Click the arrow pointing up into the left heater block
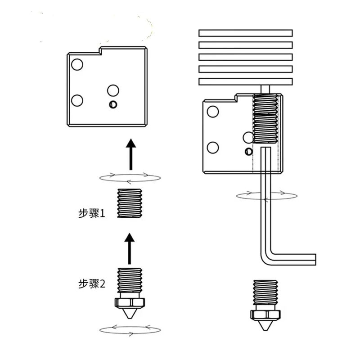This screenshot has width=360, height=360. point(130,154)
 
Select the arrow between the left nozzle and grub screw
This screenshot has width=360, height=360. point(130,248)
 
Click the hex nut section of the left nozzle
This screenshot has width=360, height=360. point(130,301)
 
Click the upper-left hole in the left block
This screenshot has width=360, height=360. point(76,64)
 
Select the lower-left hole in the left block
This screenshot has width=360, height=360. point(77,100)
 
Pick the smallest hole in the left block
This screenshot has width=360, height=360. point(112,105)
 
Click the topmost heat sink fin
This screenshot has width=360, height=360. point(246,33)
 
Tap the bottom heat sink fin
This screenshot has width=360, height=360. point(246,81)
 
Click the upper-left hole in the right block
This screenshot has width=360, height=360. point(213,111)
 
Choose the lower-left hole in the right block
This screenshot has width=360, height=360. point(213,147)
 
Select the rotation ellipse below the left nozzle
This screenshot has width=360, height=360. point(130,329)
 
